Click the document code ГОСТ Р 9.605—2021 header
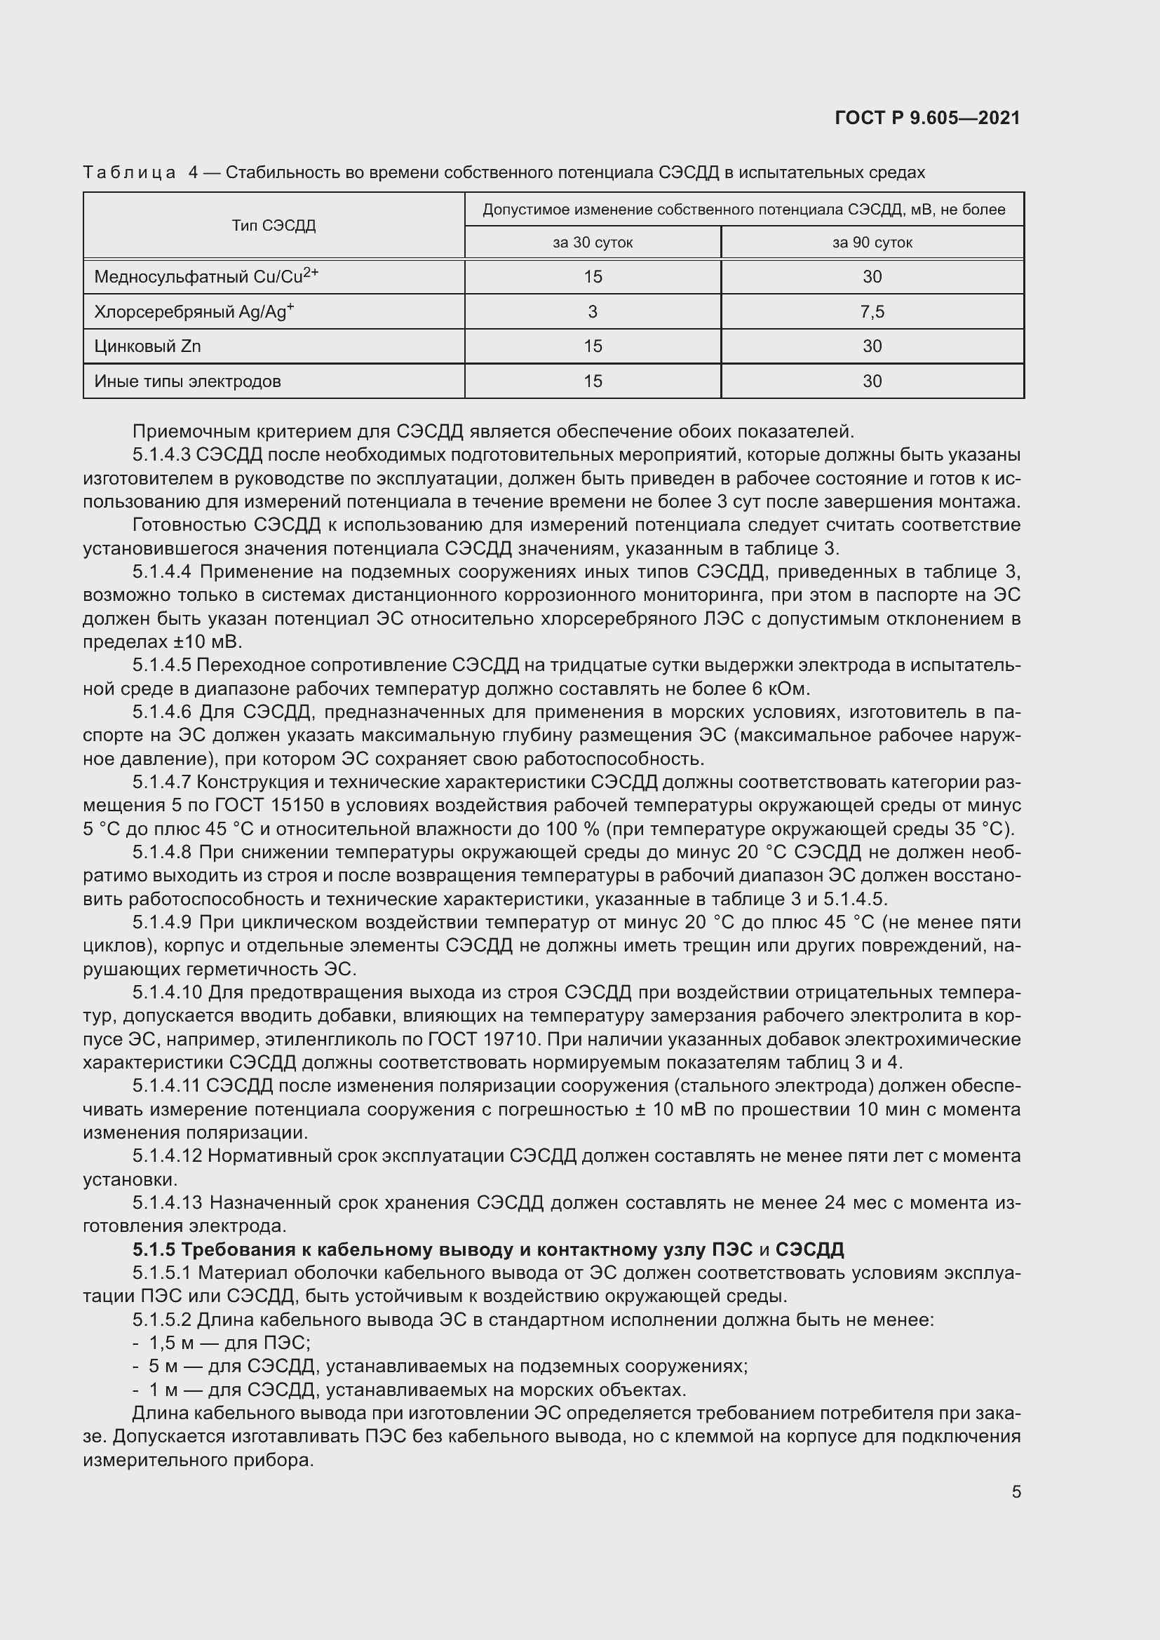pyautogui.click(x=927, y=118)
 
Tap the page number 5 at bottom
pyautogui.click(x=1016, y=1491)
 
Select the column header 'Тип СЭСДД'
pyautogui.click(x=274, y=226)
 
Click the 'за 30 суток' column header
pyautogui.click(x=592, y=243)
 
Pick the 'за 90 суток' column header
pyautogui.click(x=872, y=243)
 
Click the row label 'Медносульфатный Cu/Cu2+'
pyautogui.click(x=205, y=276)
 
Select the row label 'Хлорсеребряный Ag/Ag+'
pyautogui.click(x=194, y=311)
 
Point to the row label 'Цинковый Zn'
pyautogui.click(x=147, y=346)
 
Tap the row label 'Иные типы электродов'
pyautogui.click(x=187, y=381)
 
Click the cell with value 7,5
pyautogui.click(x=872, y=311)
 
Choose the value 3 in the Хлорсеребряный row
pyautogui.click(x=592, y=311)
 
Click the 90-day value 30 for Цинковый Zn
pyautogui.click(x=872, y=346)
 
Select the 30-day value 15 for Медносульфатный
pyautogui.click(x=592, y=276)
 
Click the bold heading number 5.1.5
pyautogui.click(x=154, y=1249)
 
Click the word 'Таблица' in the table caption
pyautogui.click(x=129, y=173)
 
